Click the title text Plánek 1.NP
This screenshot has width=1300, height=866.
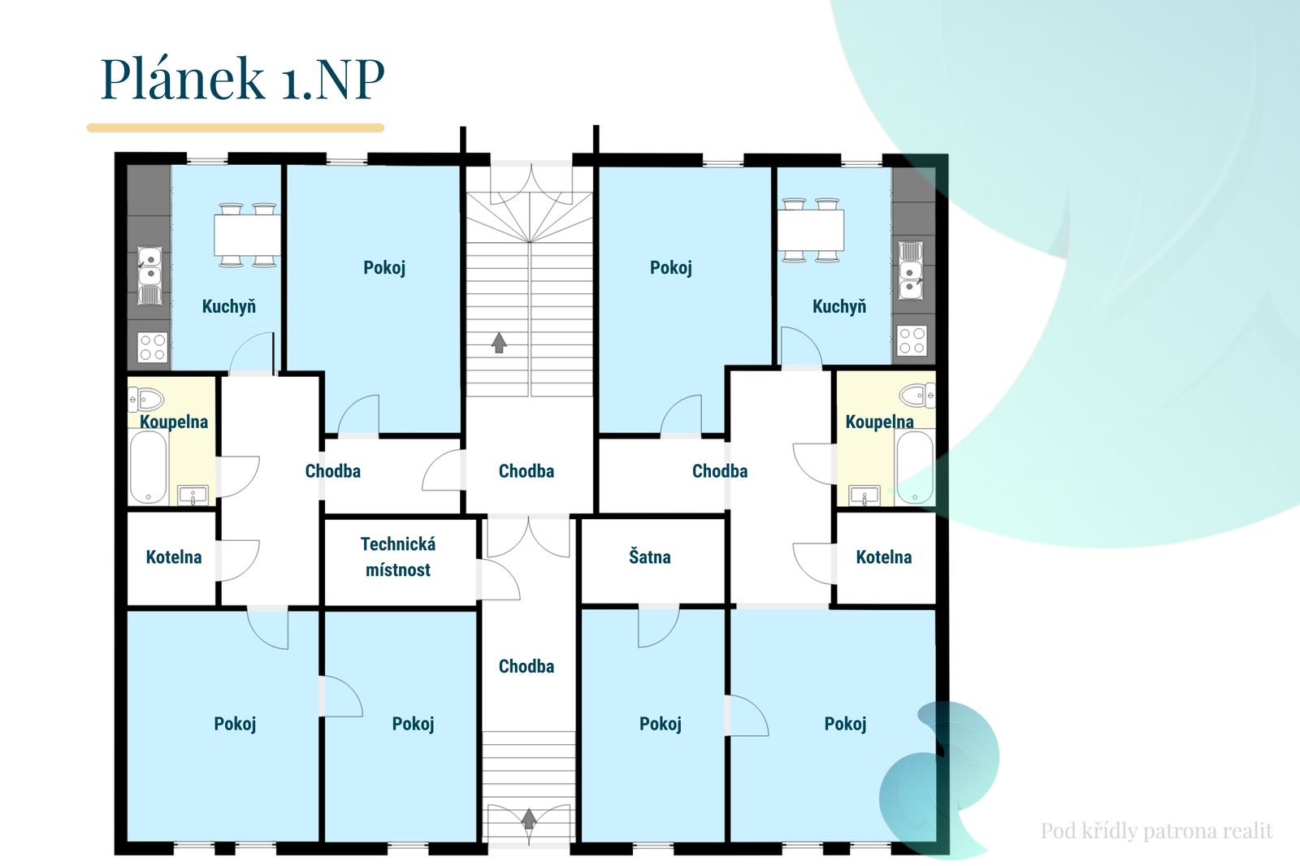[x=243, y=79]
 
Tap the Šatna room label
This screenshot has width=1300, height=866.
[x=649, y=556]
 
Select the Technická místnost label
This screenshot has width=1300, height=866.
[x=398, y=556]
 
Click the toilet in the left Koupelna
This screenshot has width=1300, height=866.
[x=146, y=399]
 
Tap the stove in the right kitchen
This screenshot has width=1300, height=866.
[x=912, y=340]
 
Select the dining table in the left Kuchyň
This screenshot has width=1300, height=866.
[x=247, y=235]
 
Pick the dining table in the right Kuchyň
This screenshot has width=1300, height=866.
[x=811, y=230]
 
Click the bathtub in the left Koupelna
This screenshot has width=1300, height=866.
[x=149, y=467]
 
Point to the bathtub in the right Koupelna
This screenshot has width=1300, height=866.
[x=915, y=467]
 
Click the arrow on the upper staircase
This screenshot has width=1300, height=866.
[x=499, y=343]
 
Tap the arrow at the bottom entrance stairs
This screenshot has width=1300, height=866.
[x=529, y=819]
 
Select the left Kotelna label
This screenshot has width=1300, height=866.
[x=174, y=557]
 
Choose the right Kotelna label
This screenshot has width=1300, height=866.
[x=884, y=557]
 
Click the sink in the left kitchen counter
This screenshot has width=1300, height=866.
[x=149, y=275]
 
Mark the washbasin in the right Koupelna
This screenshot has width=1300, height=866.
[x=864, y=495]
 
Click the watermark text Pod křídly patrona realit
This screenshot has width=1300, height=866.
[x=1157, y=830]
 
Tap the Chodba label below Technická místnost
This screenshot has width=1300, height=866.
[x=526, y=666]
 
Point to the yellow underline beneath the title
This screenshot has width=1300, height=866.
[x=236, y=128]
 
